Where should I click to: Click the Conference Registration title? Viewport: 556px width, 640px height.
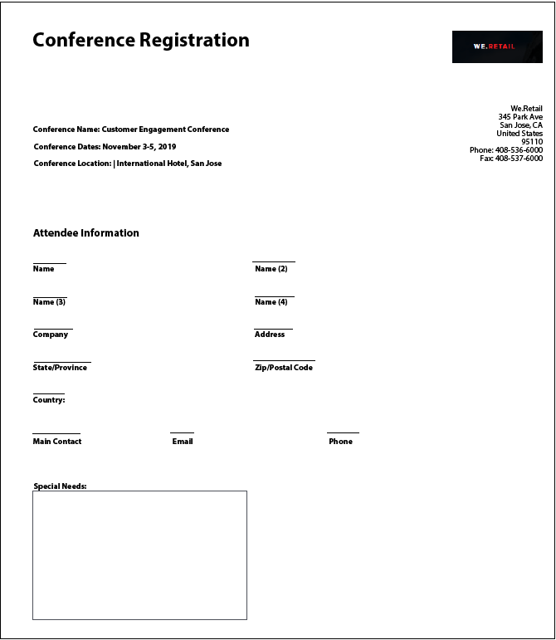point(140,40)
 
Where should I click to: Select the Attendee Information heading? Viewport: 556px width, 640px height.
point(85,233)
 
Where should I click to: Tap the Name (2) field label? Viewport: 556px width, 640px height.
point(271,269)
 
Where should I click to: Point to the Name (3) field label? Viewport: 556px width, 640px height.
point(49,302)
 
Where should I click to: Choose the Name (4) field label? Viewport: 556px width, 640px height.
point(271,302)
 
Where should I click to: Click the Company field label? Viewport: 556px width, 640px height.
point(51,335)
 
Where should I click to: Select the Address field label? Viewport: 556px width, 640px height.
point(270,335)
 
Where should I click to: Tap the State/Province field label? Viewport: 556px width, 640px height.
point(60,368)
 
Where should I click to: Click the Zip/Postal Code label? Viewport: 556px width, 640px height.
point(284,368)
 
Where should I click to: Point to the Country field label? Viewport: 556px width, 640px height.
point(49,400)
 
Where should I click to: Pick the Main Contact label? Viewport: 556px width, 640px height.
point(57,442)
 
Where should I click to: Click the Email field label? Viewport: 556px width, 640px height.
point(183,442)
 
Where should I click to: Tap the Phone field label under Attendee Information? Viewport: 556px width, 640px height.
point(340,442)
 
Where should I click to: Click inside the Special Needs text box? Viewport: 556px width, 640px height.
point(139,555)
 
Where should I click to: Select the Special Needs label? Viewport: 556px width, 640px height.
point(60,486)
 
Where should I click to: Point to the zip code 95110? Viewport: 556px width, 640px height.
point(532,142)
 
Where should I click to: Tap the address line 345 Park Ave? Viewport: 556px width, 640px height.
point(520,117)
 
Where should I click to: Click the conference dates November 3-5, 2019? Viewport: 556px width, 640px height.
point(139,147)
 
